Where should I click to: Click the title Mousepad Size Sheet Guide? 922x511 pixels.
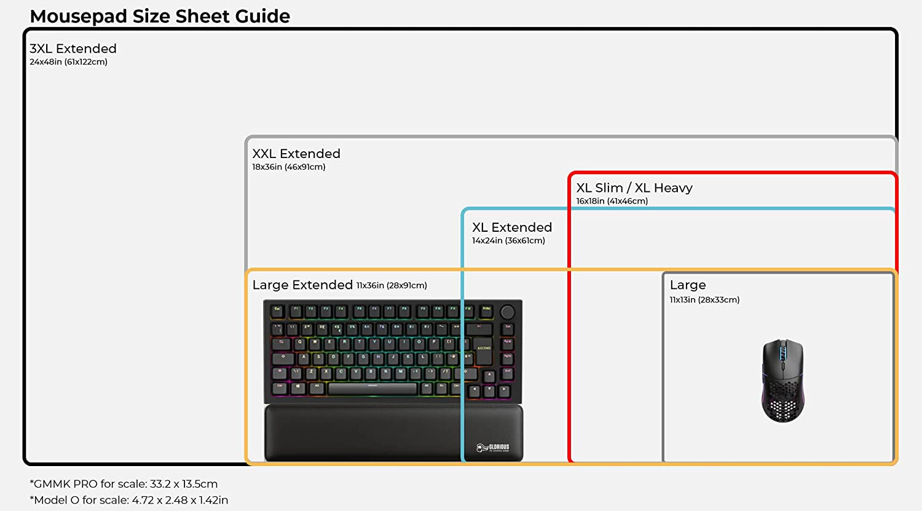(160, 16)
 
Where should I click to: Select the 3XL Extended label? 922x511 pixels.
(73, 49)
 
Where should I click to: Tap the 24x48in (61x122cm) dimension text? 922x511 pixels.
(68, 62)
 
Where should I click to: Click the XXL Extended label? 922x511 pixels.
(296, 154)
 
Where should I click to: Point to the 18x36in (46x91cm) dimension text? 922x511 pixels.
(288, 167)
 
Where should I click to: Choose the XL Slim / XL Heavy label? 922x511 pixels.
(634, 188)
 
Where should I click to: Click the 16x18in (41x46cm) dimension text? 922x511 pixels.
(612, 201)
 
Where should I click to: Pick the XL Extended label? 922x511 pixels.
(512, 228)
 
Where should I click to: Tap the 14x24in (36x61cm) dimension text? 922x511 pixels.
(508, 241)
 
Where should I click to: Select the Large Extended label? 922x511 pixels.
(302, 285)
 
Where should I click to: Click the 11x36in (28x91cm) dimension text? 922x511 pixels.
(392, 286)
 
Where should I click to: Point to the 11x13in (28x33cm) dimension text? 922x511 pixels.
(704, 300)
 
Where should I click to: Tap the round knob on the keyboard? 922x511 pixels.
(508, 311)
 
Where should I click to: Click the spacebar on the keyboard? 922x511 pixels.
(372, 389)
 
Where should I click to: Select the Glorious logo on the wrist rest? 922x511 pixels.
(493, 448)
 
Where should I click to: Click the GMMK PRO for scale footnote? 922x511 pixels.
(124, 484)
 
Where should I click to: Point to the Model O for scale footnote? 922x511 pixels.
(129, 500)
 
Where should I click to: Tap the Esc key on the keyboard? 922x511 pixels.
(277, 311)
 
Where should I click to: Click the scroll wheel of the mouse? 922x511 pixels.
(782, 354)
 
